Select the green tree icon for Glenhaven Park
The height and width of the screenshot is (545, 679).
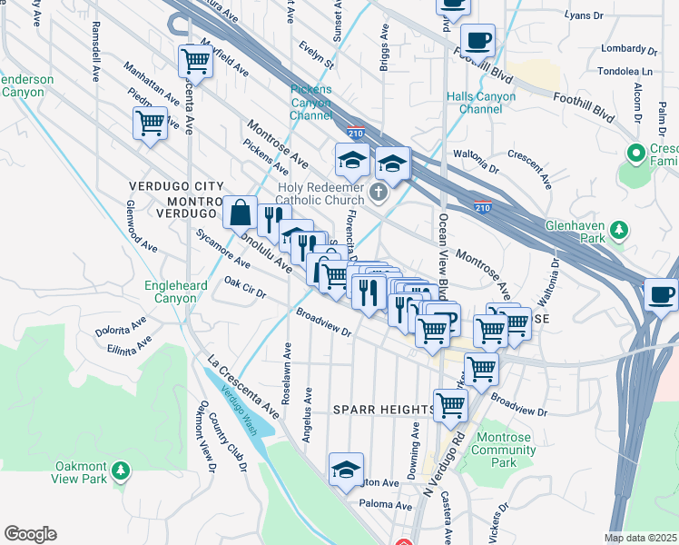619,228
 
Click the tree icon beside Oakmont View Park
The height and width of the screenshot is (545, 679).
120,471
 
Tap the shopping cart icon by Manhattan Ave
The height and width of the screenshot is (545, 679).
150,124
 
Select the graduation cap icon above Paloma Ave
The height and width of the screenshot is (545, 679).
346,470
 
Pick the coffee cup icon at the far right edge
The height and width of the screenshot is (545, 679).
663,296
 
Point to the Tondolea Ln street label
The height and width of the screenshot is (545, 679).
625,71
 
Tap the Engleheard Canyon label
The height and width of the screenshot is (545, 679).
176,291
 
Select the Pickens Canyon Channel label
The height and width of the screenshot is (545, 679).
311,103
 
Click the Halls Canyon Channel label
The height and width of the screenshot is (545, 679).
474,103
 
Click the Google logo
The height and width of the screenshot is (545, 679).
30,534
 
